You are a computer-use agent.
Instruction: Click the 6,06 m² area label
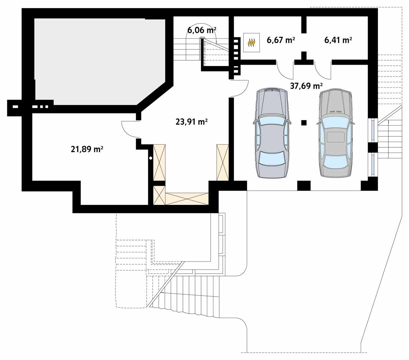[x=202, y=30]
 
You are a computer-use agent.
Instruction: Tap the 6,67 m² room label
[x=280, y=40]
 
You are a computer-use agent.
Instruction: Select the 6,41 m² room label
[x=338, y=40]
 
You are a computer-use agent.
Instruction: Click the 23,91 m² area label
[x=192, y=122]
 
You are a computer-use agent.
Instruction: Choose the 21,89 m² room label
[x=86, y=149]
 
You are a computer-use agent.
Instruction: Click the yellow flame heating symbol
[x=252, y=42]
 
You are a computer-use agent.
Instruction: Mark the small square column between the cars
[x=304, y=123]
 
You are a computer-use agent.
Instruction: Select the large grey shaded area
[x=97, y=60]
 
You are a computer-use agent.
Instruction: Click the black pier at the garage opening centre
[x=304, y=186]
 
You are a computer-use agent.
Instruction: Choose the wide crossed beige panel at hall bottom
[x=187, y=199]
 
